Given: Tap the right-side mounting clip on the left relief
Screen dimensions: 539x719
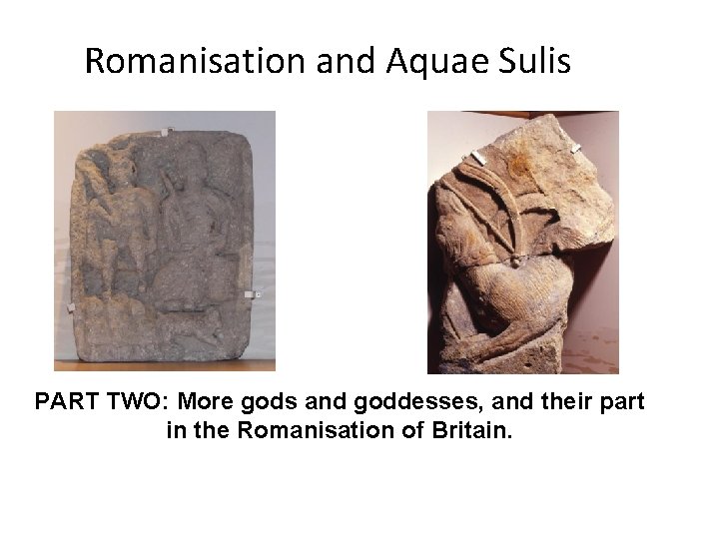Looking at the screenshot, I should [257, 294].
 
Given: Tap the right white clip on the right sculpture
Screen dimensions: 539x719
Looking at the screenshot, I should [577, 149].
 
